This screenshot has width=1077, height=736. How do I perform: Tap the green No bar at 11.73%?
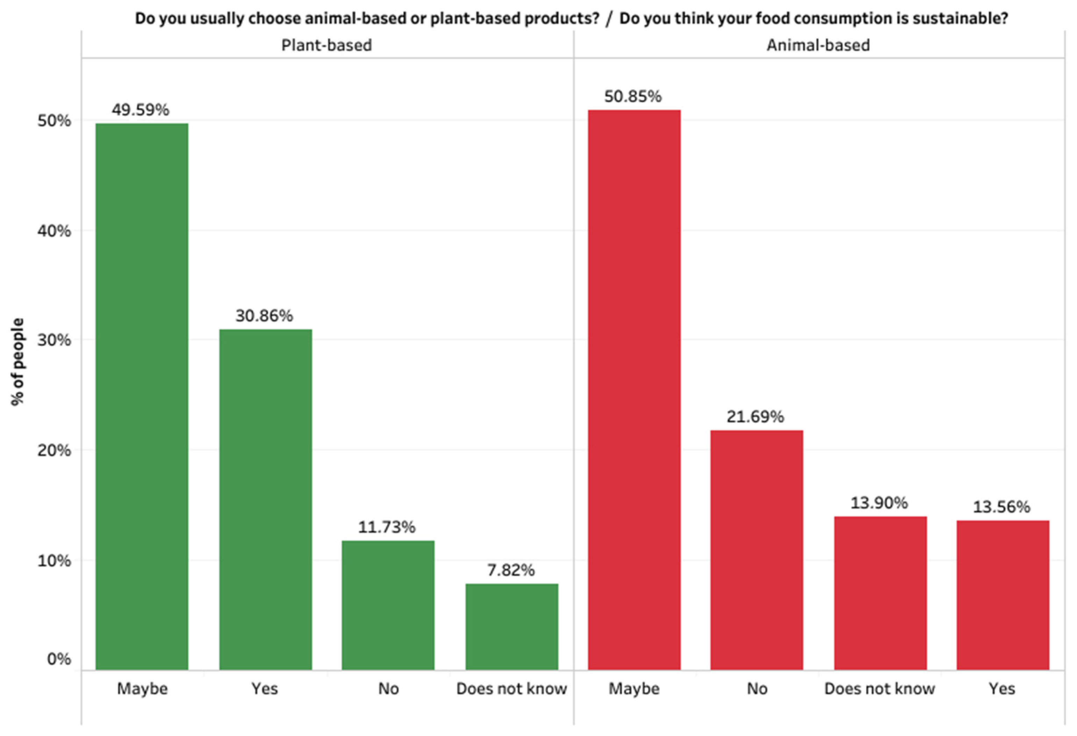[388, 605]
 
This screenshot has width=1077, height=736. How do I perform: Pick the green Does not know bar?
[512, 627]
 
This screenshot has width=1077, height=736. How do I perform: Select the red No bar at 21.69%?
[756, 550]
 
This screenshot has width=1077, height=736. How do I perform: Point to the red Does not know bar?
[880, 593]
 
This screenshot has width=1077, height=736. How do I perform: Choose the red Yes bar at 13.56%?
[1003, 595]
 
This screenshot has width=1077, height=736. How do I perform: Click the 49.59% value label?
[141, 110]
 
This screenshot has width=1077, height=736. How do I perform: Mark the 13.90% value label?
[879, 503]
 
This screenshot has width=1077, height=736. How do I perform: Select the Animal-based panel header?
[818, 45]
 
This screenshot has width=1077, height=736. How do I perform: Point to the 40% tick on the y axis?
[54, 231]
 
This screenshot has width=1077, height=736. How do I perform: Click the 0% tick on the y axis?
[59, 659]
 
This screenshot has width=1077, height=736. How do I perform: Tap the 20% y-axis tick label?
[54, 450]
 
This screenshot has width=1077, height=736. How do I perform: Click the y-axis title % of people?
[17, 361]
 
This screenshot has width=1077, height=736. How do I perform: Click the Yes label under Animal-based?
[1002, 689]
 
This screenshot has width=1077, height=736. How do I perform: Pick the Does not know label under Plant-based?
[512, 689]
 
